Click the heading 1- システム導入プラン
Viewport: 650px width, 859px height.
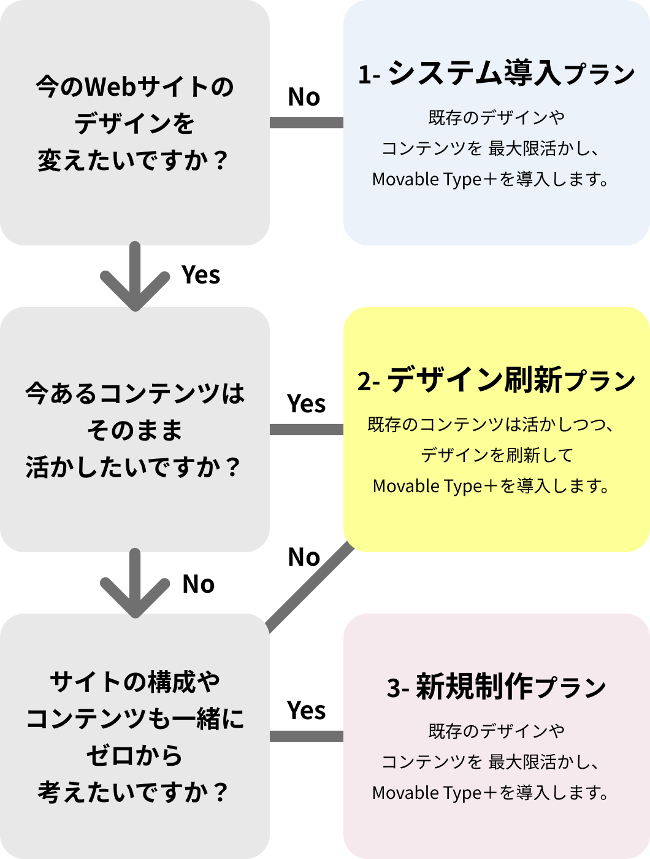[x=496, y=74]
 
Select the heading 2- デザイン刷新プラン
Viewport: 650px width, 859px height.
[x=496, y=380]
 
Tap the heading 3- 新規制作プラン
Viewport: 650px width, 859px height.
[x=496, y=687]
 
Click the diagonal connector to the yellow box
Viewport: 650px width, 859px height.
[x=310, y=589]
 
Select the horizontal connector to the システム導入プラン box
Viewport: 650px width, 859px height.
[x=307, y=123]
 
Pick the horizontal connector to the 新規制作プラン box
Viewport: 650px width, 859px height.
[x=307, y=736]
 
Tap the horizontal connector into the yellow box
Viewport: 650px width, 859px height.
[x=307, y=429]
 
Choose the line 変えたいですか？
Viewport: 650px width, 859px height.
[x=134, y=161]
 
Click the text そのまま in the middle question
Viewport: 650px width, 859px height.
[x=135, y=430]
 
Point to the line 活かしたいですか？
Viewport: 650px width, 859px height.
[x=134, y=468]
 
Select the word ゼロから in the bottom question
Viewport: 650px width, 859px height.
[x=134, y=755]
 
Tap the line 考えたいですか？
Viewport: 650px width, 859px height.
[x=134, y=792]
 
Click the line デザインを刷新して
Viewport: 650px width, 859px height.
[x=497, y=455]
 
